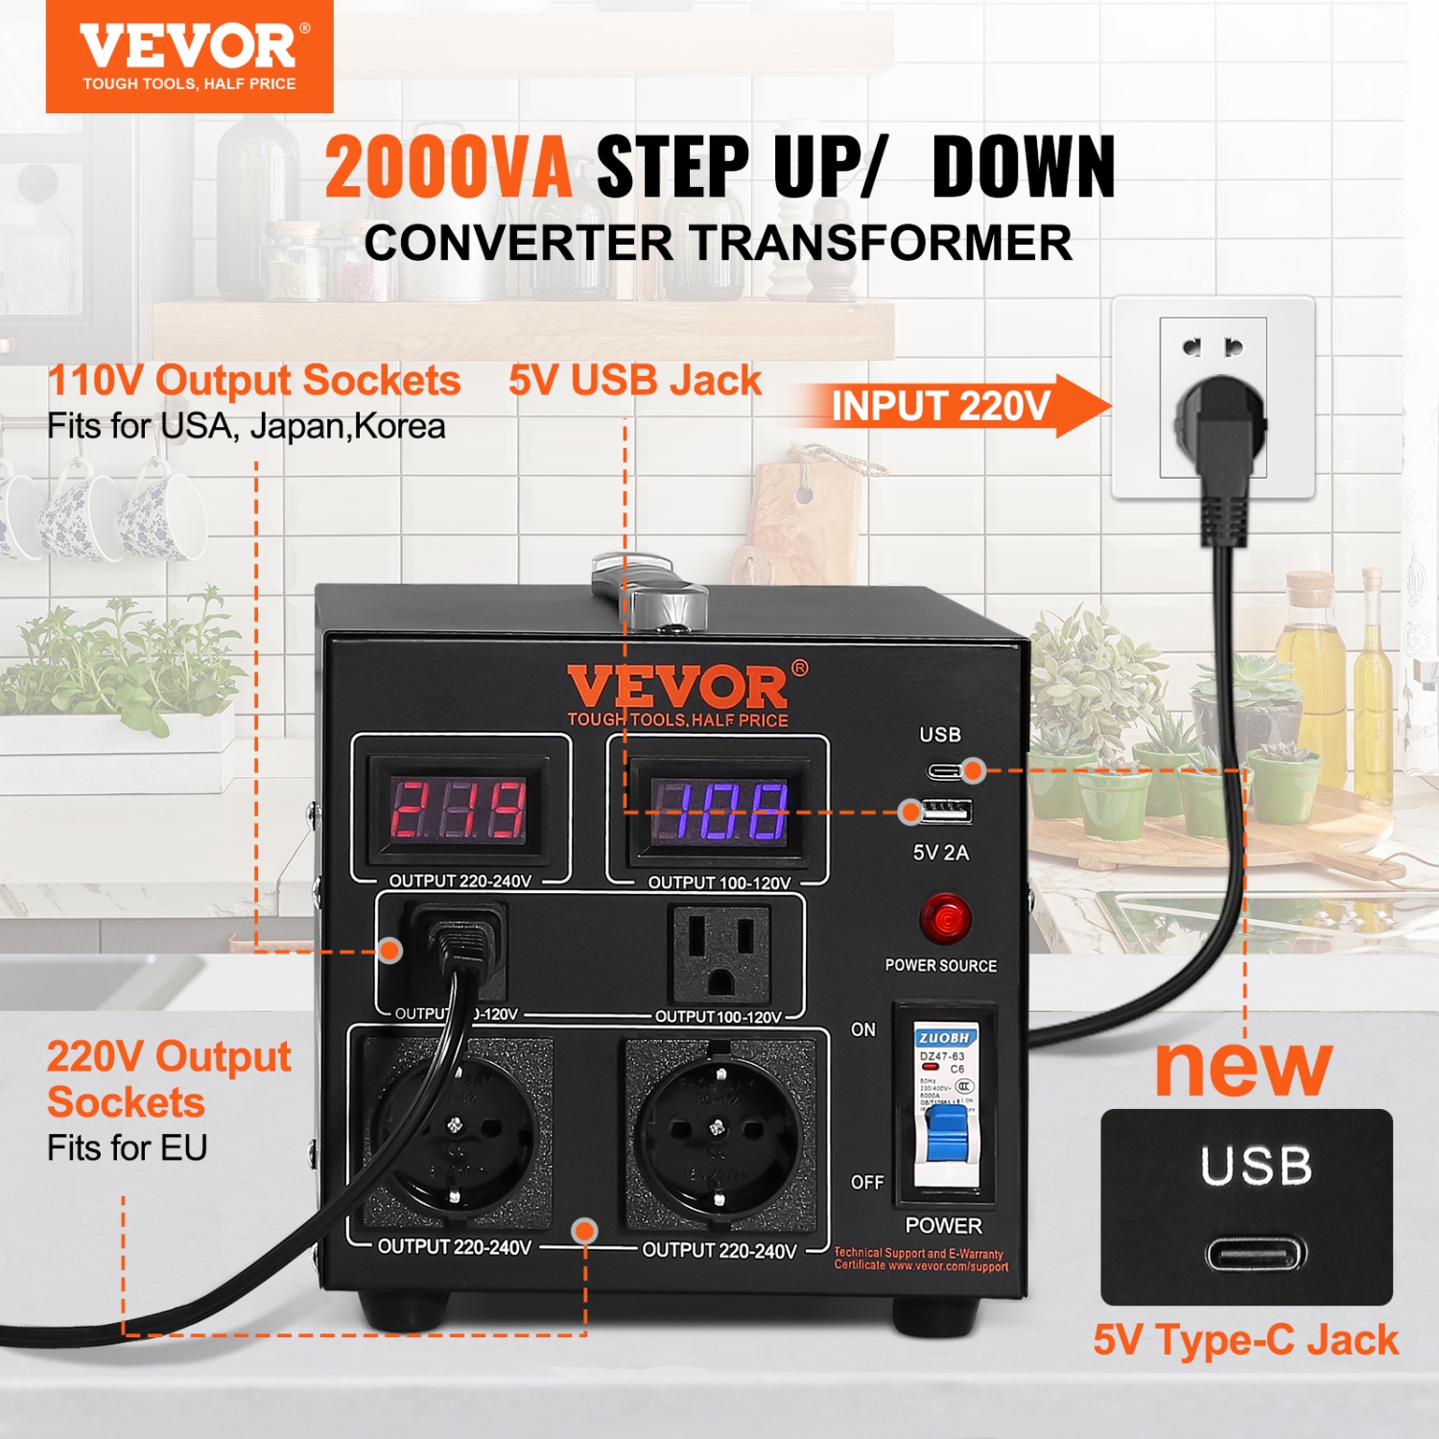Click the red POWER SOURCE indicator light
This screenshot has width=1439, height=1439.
click(945, 919)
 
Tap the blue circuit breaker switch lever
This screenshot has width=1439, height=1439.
click(948, 1132)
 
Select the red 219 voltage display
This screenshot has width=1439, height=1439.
click(459, 809)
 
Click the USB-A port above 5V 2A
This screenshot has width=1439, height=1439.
click(947, 813)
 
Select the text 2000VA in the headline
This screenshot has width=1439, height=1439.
click(448, 168)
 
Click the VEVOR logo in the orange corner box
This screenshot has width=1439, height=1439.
click(189, 48)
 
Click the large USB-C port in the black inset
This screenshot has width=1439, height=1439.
click(1256, 1253)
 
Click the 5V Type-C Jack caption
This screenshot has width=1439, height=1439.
click(1245, 1340)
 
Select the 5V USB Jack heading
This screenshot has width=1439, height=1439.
click(635, 381)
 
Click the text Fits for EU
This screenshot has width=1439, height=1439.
click(128, 1147)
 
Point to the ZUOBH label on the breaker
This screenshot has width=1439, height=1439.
click(945, 1037)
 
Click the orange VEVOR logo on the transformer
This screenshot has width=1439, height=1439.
click(678, 688)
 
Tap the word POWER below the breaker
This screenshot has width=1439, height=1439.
click(944, 1225)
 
